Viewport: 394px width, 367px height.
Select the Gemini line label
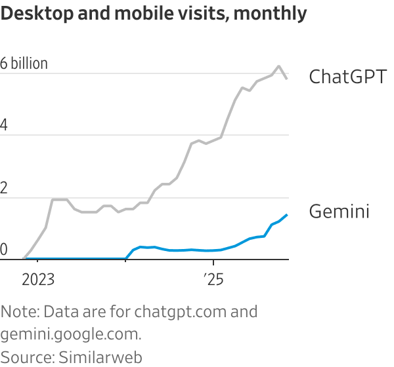click(x=339, y=212)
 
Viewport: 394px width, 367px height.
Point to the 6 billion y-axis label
click(x=24, y=64)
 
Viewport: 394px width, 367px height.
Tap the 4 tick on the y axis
click(x=4, y=126)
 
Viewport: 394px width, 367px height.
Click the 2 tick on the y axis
click(x=4, y=188)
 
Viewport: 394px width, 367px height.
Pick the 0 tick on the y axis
click(x=4, y=250)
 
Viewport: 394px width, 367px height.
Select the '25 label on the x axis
click(x=213, y=280)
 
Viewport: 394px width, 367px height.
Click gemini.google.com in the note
click(x=70, y=334)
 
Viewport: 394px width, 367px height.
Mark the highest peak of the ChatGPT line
click(x=279, y=66)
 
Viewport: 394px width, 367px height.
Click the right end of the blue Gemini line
click(x=287, y=214)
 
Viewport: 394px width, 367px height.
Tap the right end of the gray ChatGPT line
click(x=287, y=79)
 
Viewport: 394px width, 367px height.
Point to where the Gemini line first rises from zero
click(x=126, y=258)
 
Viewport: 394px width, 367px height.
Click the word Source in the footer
click(x=26, y=357)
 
